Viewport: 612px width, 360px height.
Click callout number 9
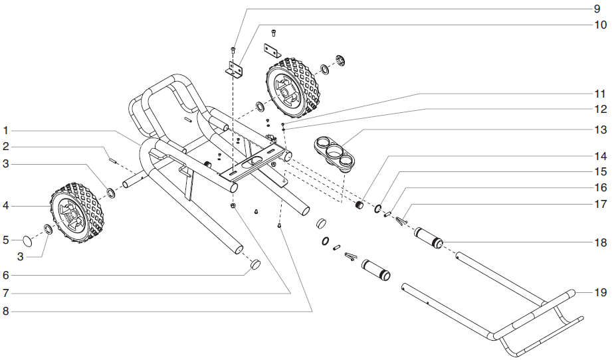point(596,9)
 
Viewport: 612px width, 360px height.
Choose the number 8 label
point(5,310)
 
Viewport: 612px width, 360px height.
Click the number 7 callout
point(5,292)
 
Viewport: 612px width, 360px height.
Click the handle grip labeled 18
point(429,237)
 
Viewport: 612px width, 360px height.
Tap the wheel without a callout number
point(293,86)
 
